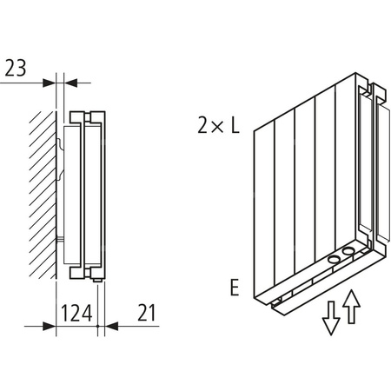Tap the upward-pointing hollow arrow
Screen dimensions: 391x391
coord(351,306)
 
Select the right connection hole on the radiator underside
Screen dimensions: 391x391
coord(348,251)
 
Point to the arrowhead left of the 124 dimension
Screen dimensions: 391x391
coord(50,327)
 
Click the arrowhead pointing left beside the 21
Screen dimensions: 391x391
coord(111,327)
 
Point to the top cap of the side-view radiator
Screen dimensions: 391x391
coord(87,115)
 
